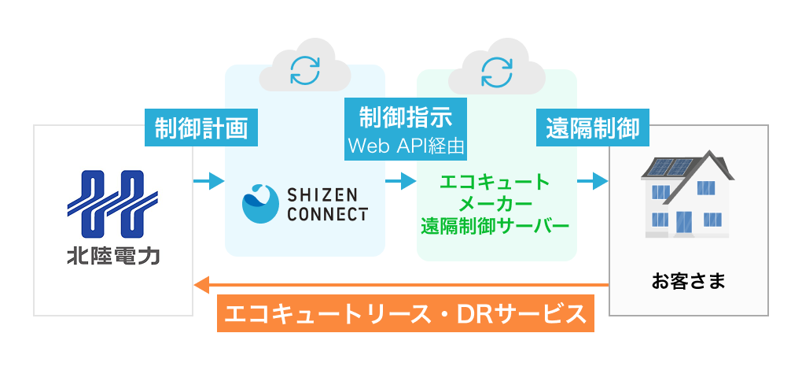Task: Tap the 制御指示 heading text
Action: coord(406,117)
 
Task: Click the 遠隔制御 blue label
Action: coord(594,127)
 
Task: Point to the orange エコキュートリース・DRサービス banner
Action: coord(406,315)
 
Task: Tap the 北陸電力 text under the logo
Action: coord(113,257)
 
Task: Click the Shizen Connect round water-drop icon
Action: coord(260,204)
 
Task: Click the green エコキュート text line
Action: coord(495,183)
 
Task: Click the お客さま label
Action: coord(688,279)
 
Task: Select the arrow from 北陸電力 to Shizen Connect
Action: coord(208,182)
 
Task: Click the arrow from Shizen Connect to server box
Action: coord(401,182)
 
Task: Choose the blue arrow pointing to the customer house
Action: coord(594,182)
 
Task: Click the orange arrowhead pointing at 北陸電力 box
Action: coord(200,283)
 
